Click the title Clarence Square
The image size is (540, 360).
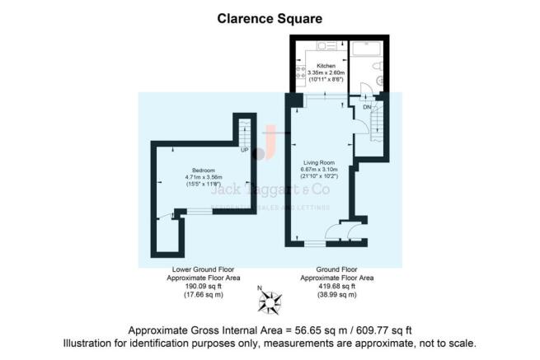coord(270,16)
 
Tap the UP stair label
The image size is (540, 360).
coord(244,150)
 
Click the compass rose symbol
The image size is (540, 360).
coord(270,302)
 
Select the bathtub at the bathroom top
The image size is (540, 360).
coord(365,49)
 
